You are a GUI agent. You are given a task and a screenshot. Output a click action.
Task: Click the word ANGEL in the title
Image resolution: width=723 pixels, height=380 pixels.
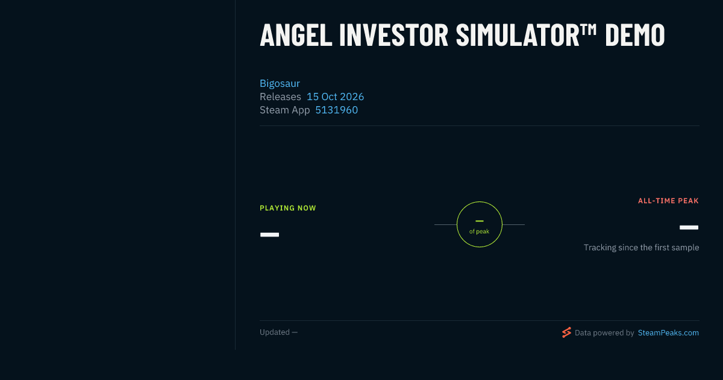coord(296,34)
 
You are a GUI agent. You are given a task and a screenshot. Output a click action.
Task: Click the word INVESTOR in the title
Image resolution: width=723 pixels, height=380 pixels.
coord(394,34)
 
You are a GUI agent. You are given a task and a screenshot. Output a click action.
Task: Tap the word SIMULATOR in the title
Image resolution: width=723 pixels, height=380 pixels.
coord(518,34)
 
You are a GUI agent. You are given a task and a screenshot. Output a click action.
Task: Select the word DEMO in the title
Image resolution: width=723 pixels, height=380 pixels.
coord(635,34)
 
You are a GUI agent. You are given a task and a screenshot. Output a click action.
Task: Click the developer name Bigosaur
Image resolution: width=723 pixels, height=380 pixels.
coord(280,83)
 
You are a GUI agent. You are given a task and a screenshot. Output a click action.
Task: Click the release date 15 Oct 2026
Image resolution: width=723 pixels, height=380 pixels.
coord(335,97)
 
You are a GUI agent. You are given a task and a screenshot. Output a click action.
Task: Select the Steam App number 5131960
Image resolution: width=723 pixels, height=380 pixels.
coord(336,110)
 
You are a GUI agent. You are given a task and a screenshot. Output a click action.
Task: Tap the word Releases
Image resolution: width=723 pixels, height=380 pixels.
coord(280,97)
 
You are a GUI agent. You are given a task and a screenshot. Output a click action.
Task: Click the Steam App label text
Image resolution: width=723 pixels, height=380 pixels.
coord(284,110)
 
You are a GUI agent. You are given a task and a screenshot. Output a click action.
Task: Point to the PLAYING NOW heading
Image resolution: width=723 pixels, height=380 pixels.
coord(288,208)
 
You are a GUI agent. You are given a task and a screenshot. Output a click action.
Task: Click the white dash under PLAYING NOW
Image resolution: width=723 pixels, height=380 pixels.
coord(269,235)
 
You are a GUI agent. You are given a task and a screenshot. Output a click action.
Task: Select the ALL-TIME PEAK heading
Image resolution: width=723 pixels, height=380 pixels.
coord(668,201)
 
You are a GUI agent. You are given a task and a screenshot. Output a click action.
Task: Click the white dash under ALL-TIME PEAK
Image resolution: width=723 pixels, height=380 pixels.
coord(689,227)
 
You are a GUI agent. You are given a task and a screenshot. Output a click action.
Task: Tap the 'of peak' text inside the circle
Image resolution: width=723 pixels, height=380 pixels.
coord(479,232)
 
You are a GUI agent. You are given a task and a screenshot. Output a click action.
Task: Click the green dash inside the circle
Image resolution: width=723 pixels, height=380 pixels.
coord(480,221)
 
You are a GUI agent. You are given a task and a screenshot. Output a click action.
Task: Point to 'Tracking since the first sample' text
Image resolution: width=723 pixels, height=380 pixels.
coord(641,247)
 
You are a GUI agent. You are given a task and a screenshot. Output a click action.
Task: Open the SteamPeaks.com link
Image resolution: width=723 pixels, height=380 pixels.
coord(668,333)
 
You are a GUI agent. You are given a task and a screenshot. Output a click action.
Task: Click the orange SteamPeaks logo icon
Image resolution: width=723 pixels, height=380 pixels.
coord(566,332)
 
